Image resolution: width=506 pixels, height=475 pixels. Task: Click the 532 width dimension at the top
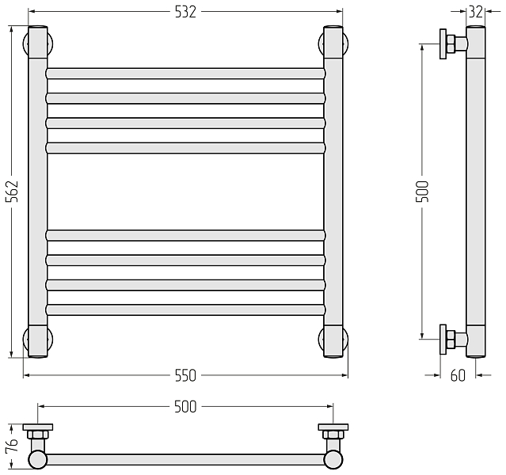click(x=185, y=12)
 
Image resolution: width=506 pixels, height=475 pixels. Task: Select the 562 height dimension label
click(x=12, y=192)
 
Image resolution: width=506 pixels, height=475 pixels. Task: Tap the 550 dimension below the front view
click(x=185, y=375)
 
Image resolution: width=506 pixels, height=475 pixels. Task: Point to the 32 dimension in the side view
click(x=476, y=12)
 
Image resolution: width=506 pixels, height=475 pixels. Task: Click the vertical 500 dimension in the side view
click(x=422, y=192)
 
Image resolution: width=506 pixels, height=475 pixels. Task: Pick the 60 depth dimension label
click(x=458, y=375)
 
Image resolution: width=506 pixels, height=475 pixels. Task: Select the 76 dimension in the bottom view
click(x=12, y=446)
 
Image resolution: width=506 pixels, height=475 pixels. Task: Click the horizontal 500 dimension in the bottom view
click(x=185, y=407)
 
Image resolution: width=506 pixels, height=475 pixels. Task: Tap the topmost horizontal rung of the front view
click(x=185, y=74)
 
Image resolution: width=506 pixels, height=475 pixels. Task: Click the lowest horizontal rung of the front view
click(x=185, y=310)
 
